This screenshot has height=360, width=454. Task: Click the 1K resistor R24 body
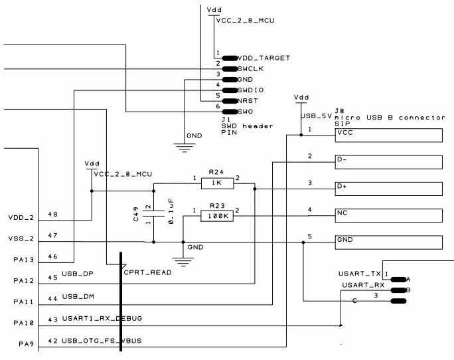[x=217, y=183]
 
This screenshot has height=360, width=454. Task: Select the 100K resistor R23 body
[x=217, y=216]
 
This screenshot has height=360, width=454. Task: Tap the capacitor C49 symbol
[x=154, y=214]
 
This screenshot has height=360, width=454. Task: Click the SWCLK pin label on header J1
[x=250, y=69]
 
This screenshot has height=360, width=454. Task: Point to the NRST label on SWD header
[x=248, y=101]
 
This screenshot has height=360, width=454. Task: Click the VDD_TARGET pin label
[x=264, y=58]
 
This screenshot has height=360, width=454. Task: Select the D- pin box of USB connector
[x=388, y=162]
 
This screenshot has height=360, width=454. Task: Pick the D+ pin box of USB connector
[x=388, y=189]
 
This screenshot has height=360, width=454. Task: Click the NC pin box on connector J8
[x=388, y=216]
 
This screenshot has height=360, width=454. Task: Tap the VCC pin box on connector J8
[x=388, y=135]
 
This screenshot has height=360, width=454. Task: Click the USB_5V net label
[x=316, y=116]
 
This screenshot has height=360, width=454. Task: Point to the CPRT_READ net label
[x=147, y=272]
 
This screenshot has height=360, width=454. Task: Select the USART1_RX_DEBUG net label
[x=102, y=319]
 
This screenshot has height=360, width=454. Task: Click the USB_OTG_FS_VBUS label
[x=102, y=341]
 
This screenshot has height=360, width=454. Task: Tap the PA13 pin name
[x=24, y=260]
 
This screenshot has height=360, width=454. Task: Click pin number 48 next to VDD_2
[x=52, y=215]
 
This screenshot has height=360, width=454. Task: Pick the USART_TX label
[x=360, y=274]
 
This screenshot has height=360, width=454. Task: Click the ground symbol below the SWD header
[x=185, y=147]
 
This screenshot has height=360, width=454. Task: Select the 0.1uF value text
[x=171, y=211]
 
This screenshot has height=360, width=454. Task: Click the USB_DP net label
[x=78, y=274]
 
